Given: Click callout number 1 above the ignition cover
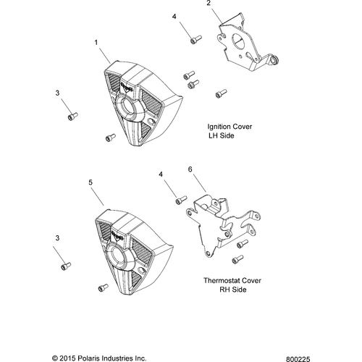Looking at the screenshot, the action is point(96,43).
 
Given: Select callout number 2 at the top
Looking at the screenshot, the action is point(209,3).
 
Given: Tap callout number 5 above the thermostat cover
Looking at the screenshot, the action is point(90,182).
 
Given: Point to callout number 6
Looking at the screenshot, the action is point(190,169).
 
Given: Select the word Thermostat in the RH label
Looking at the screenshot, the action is point(222,281).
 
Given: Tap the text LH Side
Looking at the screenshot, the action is point(222,135).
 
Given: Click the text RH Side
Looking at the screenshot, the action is point(233,290).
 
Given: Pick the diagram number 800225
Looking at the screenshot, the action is point(298,359).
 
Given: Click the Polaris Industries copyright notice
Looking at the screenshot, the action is point(99,358).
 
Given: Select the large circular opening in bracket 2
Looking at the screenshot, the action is point(238,41).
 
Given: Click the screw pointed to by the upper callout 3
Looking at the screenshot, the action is point(72,116).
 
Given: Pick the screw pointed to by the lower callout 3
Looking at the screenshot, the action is point(66,266).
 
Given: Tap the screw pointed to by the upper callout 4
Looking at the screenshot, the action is point(196,39).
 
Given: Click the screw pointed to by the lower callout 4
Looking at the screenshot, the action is point(181,200).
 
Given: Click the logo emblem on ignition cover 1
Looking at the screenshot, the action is point(127,87).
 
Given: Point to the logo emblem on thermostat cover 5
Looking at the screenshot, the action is point(117,236).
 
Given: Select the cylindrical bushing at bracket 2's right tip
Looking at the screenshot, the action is point(274,60).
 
